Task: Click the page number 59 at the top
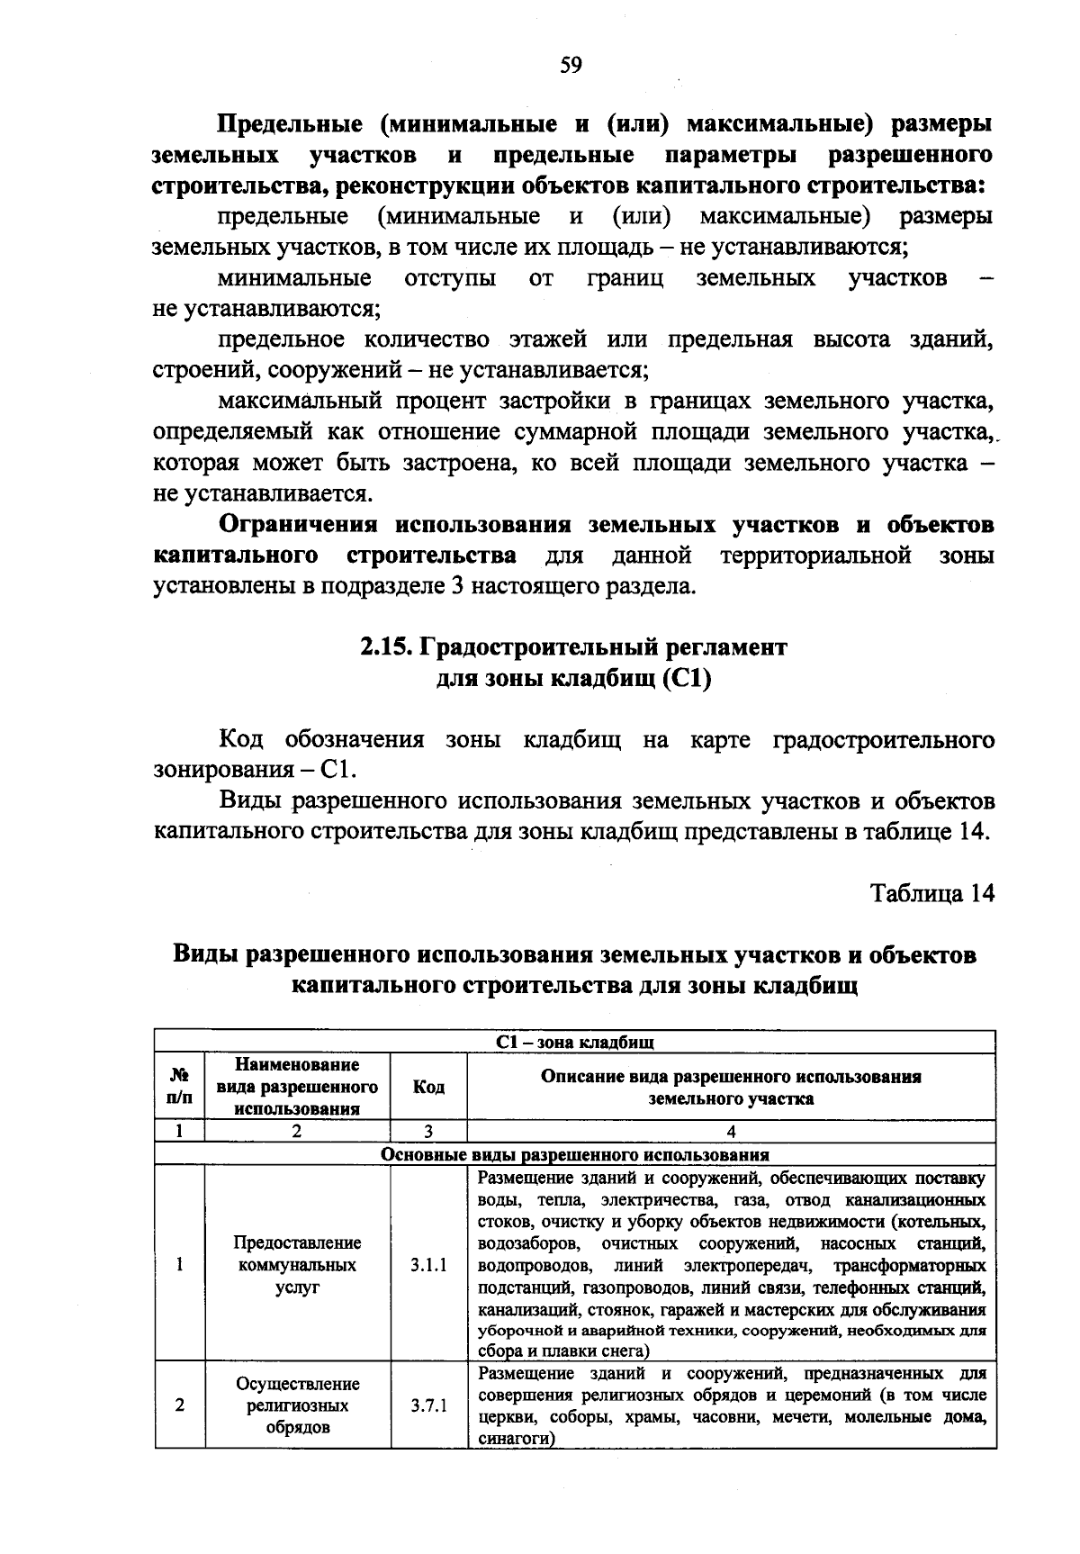click(x=571, y=64)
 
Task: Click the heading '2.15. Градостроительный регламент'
click(x=574, y=646)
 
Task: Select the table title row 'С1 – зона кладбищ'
click(x=574, y=1042)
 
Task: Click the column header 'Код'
click(x=428, y=1087)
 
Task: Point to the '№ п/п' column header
click(x=180, y=1087)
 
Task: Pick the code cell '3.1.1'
click(x=428, y=1264)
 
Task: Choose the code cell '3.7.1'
click(x=428, y=1405)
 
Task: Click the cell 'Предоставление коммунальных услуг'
click(x=298, y=1264)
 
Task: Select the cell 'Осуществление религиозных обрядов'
click(x=298, y=1405)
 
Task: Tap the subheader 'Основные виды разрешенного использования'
click(x=574, y=1154)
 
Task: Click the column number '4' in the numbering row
click(x=731, y=1132)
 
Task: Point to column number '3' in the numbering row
click(x=428, y=1132)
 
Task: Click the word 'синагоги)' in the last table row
click(x=514, y=1439)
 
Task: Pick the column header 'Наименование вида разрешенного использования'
click(x=298, y=1087)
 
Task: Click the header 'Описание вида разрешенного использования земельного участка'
click(x=731, y=1087)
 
